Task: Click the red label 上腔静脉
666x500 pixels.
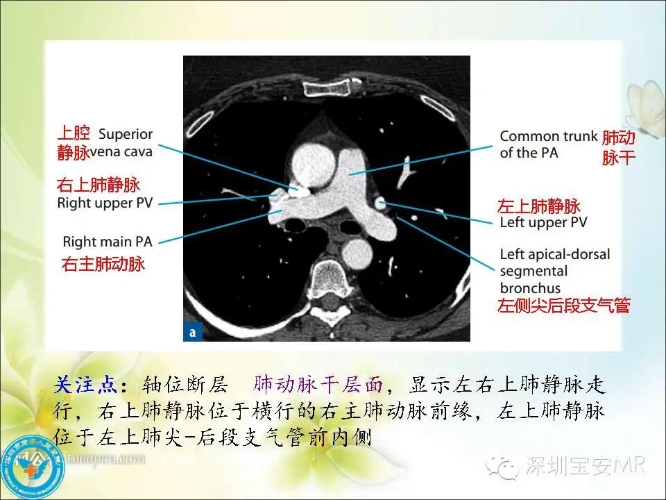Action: coord(74,142)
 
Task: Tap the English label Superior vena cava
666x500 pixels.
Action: coord(126,141)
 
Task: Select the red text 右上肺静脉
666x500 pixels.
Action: coord(98,185)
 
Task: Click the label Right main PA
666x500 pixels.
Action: coord(107,242)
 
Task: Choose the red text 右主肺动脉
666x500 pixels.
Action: coord(103,264)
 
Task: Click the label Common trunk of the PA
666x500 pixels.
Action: coord(548,144)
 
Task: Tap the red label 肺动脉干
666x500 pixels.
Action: coord(618,147)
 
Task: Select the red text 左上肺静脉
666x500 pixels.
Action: coord(539,206)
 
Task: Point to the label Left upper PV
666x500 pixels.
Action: coord(543,223)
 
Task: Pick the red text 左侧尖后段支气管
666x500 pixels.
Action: coord(563,306)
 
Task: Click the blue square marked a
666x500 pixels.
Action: coord(191,333)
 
